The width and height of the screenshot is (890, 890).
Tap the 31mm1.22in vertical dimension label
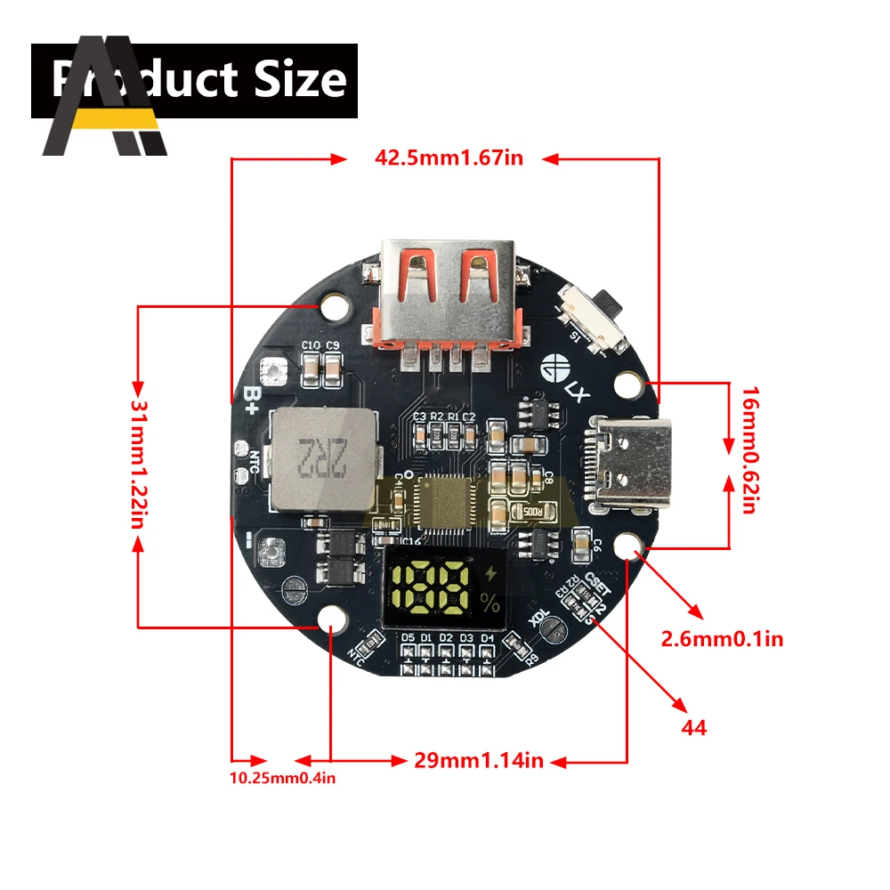[138, 463]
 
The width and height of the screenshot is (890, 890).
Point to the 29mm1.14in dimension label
[478, 761]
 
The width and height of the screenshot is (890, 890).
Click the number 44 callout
[693, 727]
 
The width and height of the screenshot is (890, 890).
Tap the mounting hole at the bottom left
[333, 619]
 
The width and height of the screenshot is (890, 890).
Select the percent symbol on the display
[489, 603]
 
